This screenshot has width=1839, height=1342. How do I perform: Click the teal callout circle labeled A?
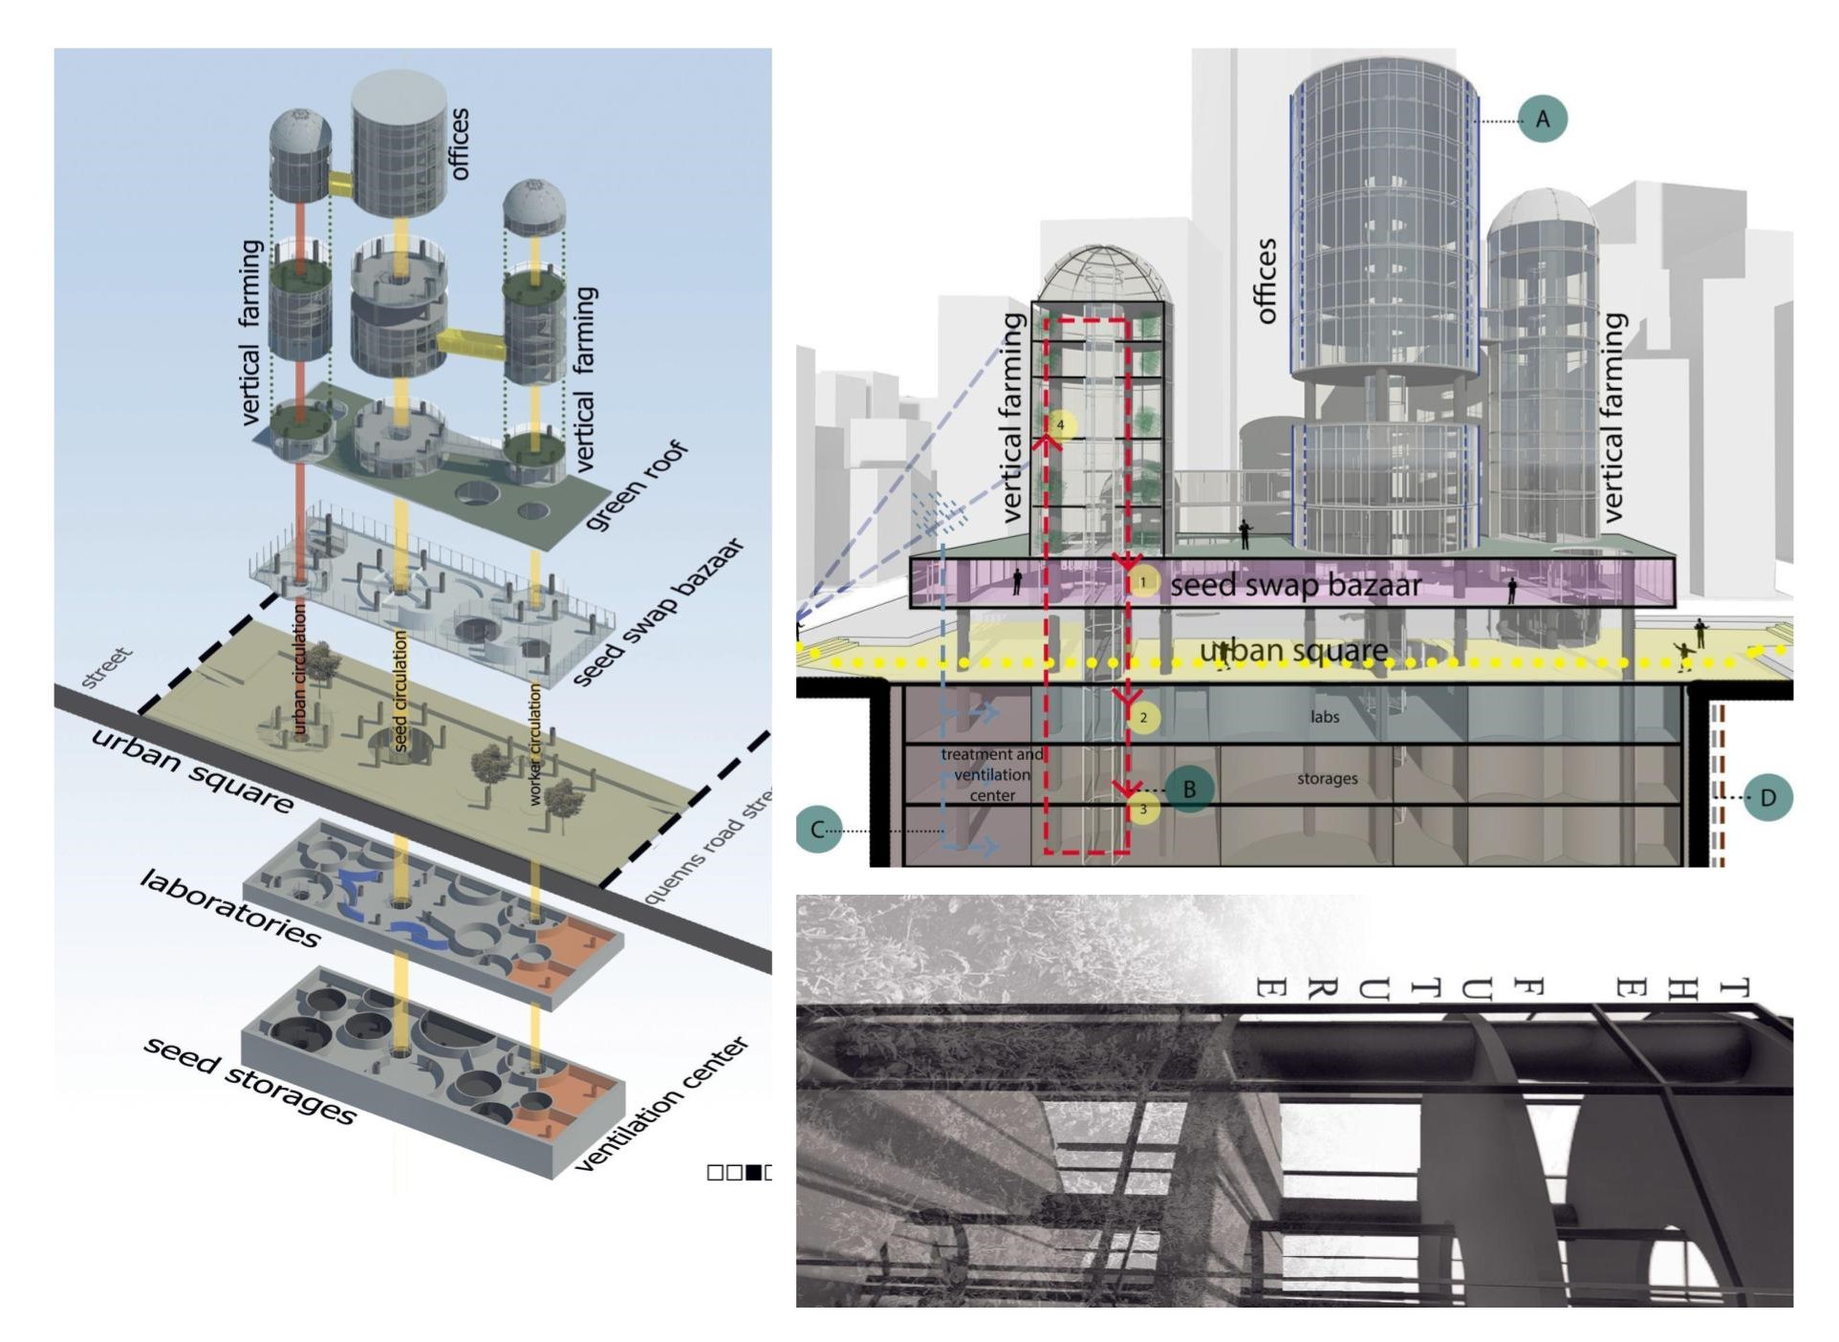pyautogui.click(x=1542, y=119)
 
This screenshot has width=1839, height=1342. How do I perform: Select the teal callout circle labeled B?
pyautogui.click(x=1189, y=789)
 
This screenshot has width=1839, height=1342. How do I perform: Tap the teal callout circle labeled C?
pyautogui.click(x=818, y=829)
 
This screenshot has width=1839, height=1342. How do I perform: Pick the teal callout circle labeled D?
pyautogui.click(x=1767, y=797)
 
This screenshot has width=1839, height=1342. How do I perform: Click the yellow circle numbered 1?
pyautogui.click(x=1143, y=581)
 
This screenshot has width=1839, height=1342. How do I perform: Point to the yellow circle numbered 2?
pyautogui.click(x=1143, y=717)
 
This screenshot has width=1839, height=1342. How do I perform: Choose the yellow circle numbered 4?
pyautogui.click(x=1060, y=424)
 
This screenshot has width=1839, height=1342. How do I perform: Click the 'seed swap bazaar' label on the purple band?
pyautogui.click(x=1295, y=584)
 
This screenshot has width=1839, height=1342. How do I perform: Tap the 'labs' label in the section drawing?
pyautogui.click(x=1324, y=717)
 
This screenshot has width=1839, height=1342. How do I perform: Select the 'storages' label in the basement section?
pyautogui.click(x=1327, y=779)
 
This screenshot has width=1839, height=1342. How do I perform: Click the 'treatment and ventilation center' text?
pyautogui.click(x=992, y=774)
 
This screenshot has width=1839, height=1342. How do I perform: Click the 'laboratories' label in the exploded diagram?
pyautogui.click(x=229, y=908)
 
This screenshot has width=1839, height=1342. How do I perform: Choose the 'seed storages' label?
pyautogui.click(x=249, y=1079)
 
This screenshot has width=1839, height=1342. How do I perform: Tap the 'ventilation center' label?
pyautogui.click(x=660, y=1103)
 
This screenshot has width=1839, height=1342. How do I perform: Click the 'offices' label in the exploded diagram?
pyautogui.click(x=459, y=143)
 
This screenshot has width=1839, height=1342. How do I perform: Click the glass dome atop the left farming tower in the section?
pyautogui.click(x=1104, y=273)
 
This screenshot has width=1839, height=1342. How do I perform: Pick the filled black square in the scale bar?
pyautogui.click(x=754, y=1172)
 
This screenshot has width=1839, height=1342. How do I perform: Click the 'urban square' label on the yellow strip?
pyautogui.click(x=1293, y=650)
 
